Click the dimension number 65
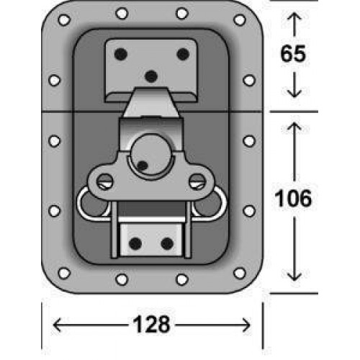point(293,53)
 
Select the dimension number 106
point(293,198)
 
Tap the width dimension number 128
point(151,324)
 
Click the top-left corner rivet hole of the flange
point(64,19)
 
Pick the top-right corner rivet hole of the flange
point(240,19)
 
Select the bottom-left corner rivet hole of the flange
point(64,273)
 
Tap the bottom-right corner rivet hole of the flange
point(240,273)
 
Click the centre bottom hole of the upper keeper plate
point(151,77)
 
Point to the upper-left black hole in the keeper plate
point(121,54)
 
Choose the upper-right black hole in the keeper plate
point(183,54)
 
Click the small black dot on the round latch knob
point(143,166)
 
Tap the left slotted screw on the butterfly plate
point(105,181)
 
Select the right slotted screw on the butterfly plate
point(197,181)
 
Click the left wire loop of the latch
point(78,204)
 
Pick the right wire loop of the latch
point(225,204)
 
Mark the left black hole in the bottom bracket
point(135,244)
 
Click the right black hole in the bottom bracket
point(167,244)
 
